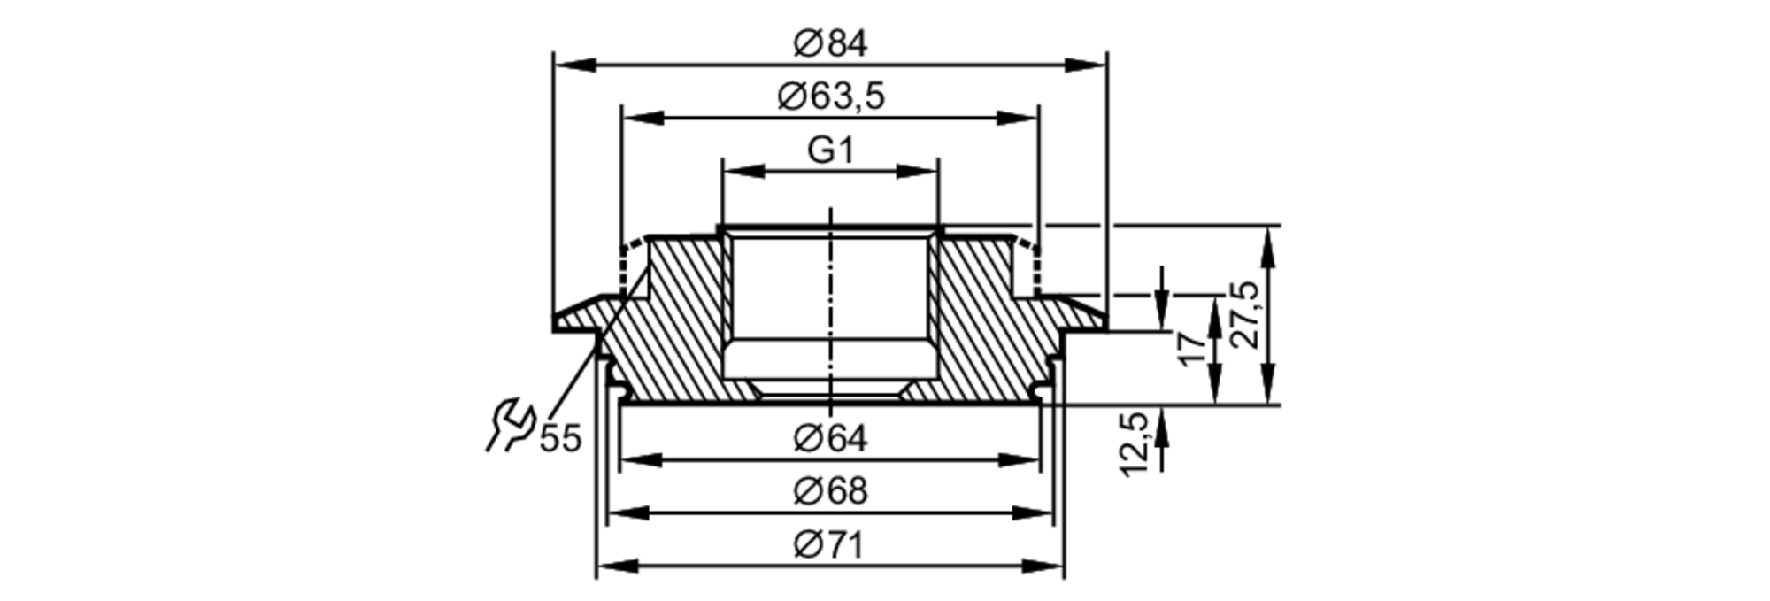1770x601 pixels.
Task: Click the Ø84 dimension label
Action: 830,43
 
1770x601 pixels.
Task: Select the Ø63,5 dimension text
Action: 830,96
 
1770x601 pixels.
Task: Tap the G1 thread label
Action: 830,150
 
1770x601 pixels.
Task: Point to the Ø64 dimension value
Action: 830,438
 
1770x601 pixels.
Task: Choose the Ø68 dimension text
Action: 830,490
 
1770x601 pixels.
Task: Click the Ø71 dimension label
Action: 830,544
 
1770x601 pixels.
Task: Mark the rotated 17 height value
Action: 1192,347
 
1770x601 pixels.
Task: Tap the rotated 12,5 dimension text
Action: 1135,444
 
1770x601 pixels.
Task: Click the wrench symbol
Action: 511,425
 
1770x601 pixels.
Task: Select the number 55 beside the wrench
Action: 560,438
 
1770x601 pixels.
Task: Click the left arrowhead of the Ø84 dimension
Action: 573,65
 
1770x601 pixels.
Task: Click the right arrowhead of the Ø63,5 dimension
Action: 1017,118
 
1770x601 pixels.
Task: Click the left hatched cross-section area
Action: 673,336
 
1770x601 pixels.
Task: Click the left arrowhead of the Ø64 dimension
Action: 641,460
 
